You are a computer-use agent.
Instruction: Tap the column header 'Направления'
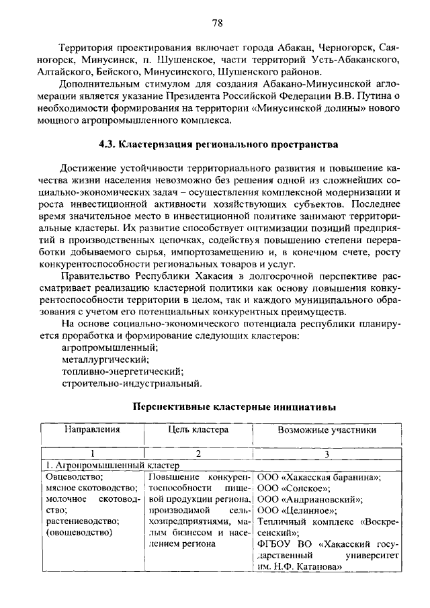(x=92, y=429)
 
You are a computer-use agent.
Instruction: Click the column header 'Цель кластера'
(x=198, y=429)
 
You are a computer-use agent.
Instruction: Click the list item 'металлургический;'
(x=100, y=359)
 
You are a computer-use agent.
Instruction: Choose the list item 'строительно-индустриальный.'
(x=131, y=384)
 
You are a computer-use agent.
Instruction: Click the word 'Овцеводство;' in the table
(x=73, y=477)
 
